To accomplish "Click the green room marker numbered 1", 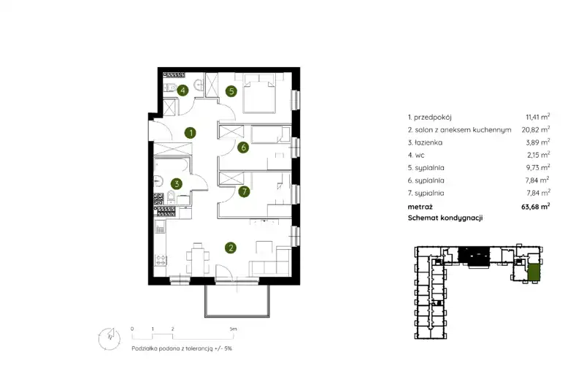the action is tap(191, 133).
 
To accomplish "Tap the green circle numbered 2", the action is tap(231, 248).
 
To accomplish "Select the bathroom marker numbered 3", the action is tap(176, 183).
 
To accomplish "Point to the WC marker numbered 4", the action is tap(182, 90).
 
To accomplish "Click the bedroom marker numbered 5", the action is tap(231, 91).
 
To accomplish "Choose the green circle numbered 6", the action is tap(243, 148).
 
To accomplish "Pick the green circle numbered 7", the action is tap(244, 192).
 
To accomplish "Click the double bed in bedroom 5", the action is tap(259, 93).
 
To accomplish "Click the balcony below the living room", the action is tap(237, 301).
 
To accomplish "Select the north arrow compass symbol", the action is tap(109, 339).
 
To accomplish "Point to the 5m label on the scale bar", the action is tap(233, 329).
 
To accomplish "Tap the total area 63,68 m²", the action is tap(536, 207).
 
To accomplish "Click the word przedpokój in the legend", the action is tap(432, 118).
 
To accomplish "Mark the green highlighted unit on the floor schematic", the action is tap(534, 272).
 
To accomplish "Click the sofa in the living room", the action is tap(271, 262).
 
